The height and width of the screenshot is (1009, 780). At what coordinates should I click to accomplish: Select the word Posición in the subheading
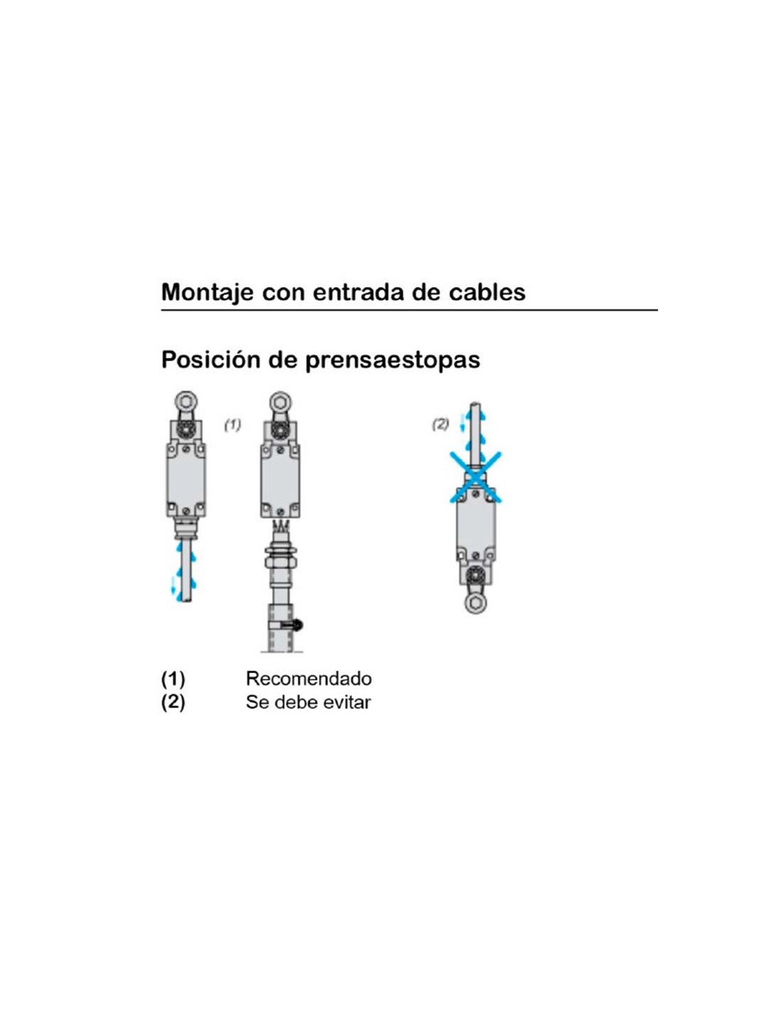(211, 360)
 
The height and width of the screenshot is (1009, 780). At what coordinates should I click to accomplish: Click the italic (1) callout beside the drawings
(233, 424)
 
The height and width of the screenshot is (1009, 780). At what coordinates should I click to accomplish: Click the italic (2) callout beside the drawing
(440, 424)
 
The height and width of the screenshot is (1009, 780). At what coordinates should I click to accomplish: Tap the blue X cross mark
(476, 477)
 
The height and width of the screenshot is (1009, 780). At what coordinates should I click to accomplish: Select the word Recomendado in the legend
(308, 679)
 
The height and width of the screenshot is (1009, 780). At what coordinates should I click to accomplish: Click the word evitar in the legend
(347, 702)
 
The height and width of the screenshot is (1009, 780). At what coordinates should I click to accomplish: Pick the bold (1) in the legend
(173, 679)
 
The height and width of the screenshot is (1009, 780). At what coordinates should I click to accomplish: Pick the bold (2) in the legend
(173, 702)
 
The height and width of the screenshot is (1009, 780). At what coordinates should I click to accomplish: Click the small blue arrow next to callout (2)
(461, 422)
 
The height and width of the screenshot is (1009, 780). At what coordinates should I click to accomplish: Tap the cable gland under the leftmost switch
(186, 529)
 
